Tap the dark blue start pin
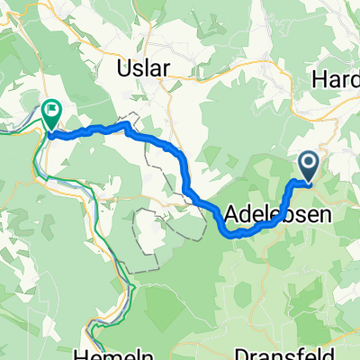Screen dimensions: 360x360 (307, 166)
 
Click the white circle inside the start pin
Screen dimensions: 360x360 (307, 163)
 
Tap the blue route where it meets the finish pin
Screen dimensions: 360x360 (52, 135)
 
